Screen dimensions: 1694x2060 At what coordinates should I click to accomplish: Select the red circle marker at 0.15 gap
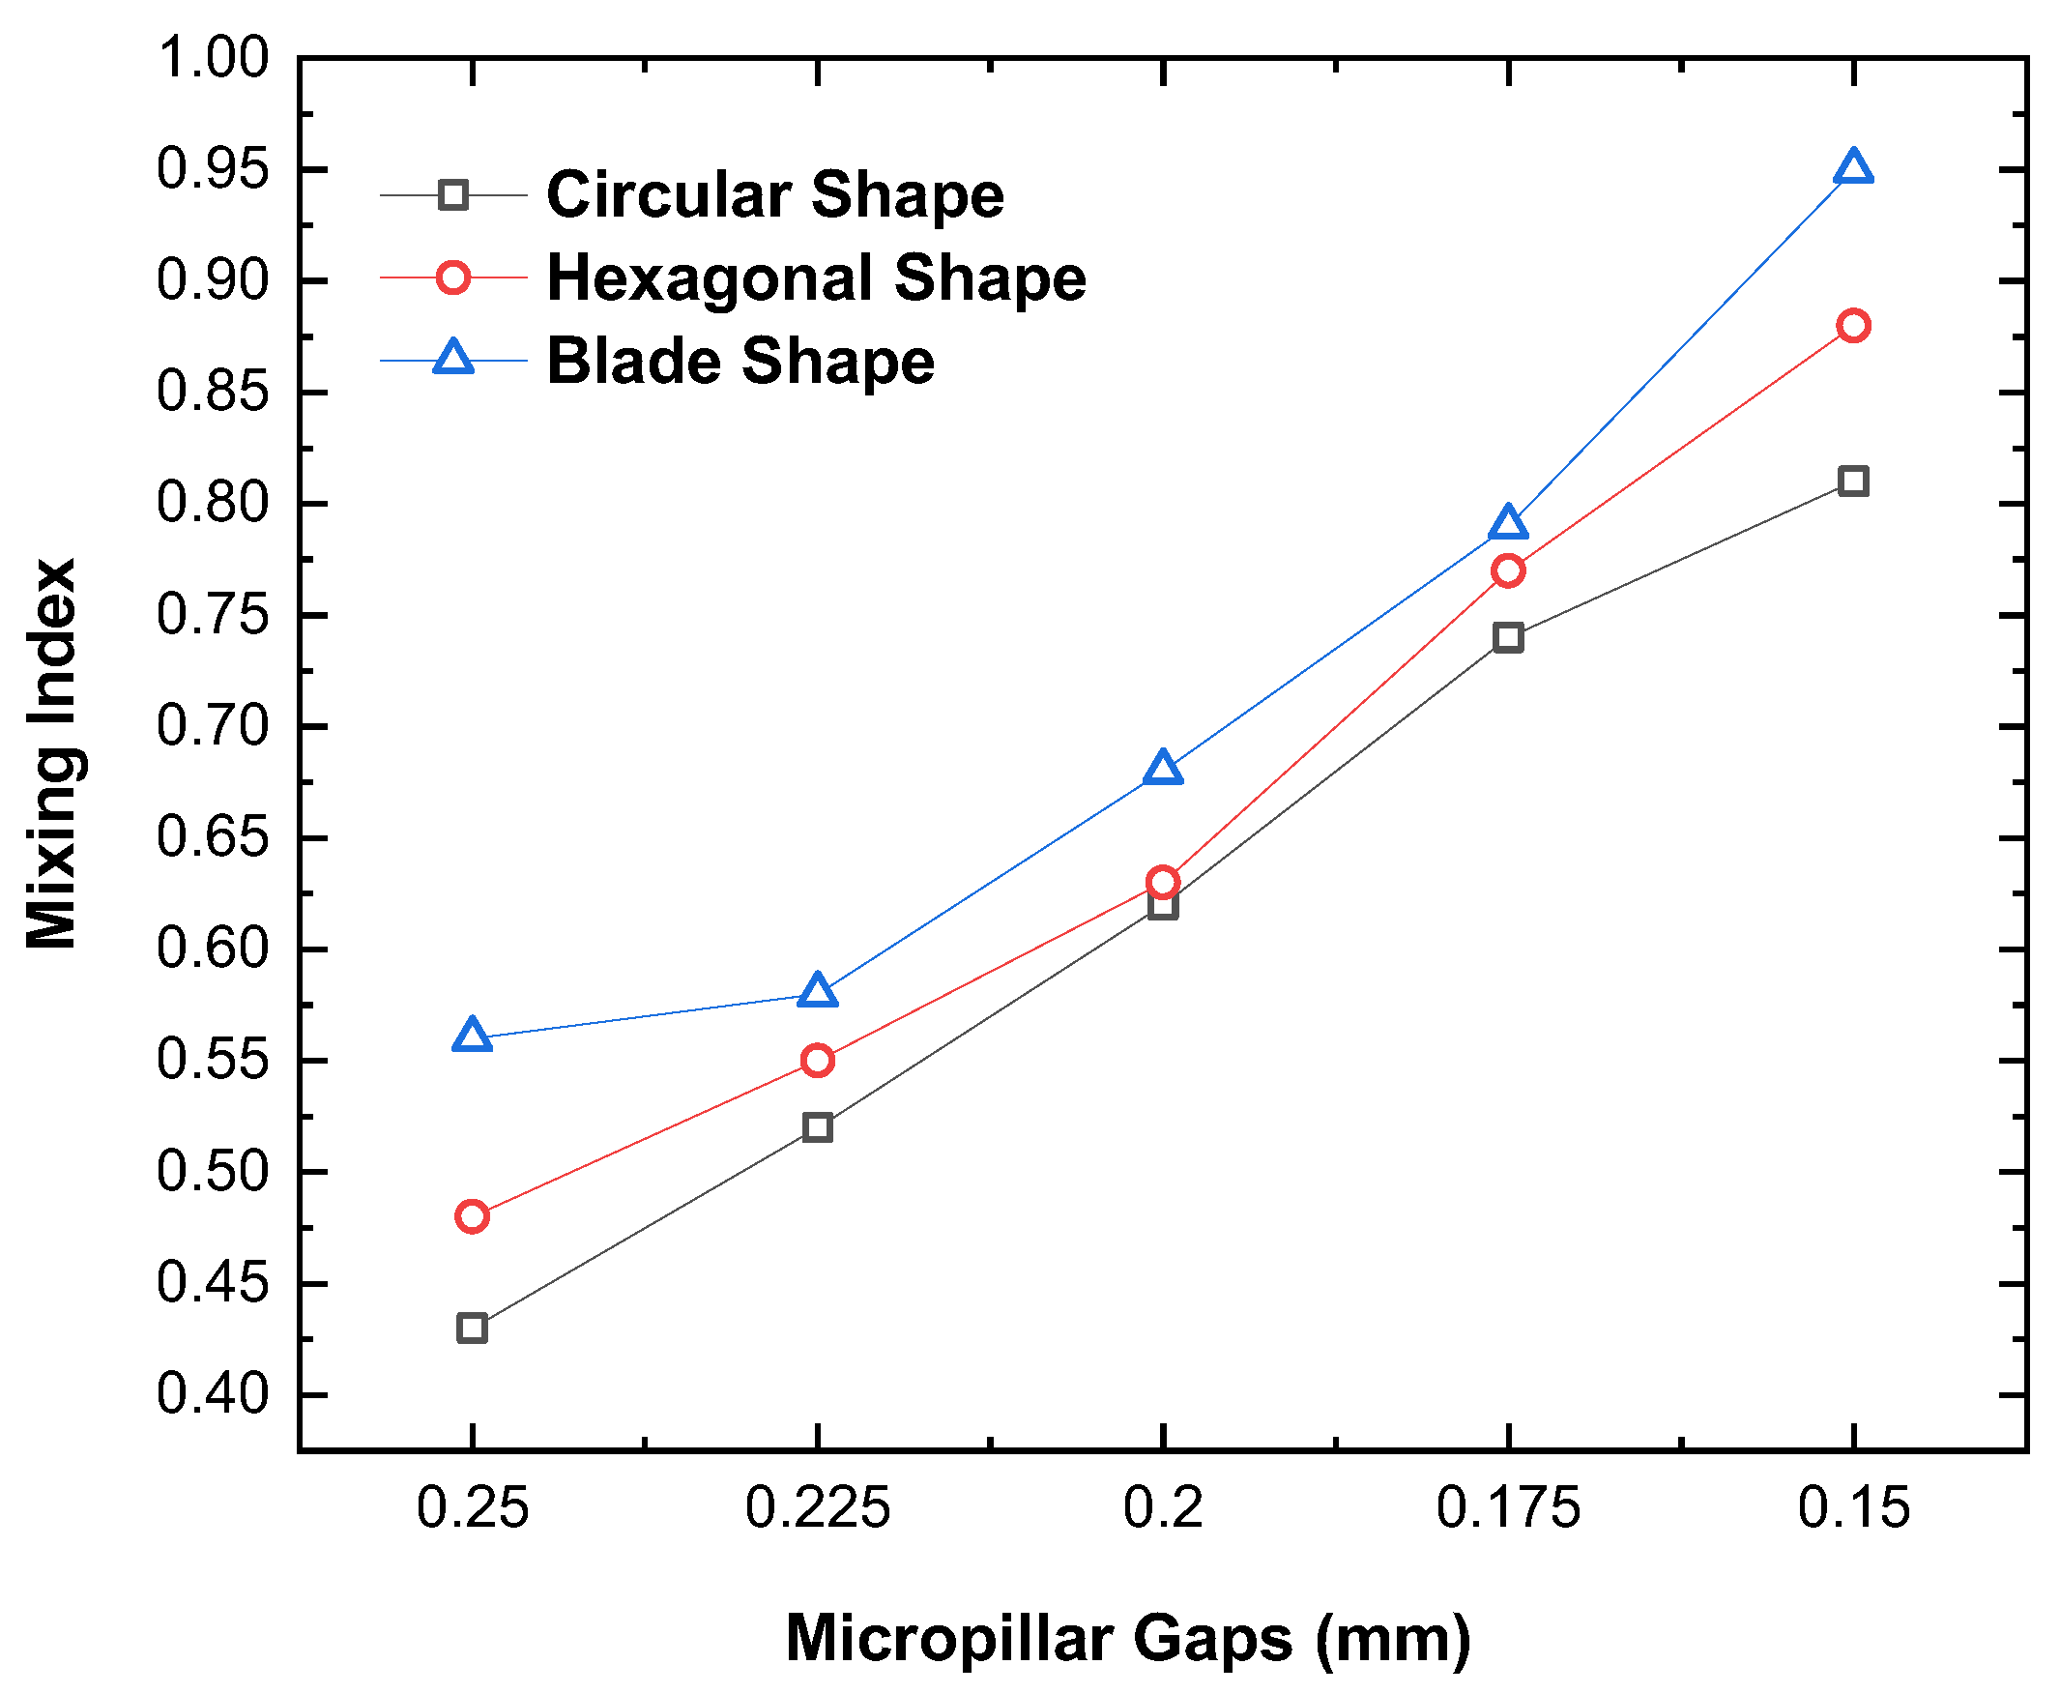1852,326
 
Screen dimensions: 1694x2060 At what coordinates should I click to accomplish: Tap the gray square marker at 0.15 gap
1852,482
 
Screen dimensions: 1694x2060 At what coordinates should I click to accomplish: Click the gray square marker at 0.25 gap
472,1329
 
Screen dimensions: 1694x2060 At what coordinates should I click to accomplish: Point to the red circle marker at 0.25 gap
472,1216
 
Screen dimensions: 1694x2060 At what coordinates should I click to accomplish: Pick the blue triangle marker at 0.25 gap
472,1037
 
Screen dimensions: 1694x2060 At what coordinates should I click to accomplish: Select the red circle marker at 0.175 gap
1508,570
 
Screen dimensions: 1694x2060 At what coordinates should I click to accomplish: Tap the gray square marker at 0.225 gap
818,1127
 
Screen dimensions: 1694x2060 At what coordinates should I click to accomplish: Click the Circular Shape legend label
775,195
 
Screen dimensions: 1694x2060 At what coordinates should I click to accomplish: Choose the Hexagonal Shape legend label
817,278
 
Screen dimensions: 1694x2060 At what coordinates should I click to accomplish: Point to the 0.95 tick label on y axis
213,170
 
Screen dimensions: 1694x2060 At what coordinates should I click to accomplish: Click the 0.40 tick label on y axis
213,1394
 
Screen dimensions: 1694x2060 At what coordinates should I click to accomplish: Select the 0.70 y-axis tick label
213,727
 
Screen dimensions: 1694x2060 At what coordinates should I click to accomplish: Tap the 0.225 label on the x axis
818,1507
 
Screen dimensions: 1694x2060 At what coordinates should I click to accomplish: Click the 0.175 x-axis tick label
1508,1507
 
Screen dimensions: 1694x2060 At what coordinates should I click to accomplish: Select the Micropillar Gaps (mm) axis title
1128,1638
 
